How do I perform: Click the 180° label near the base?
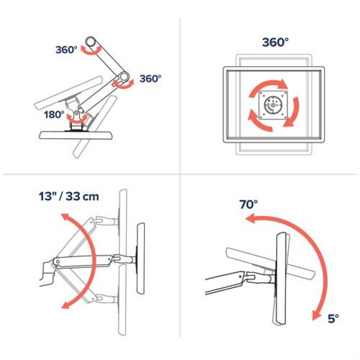[x=54, y=115]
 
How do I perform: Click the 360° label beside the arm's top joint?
[x=67, y=50]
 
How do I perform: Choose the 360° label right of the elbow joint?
[x=150, y=78]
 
